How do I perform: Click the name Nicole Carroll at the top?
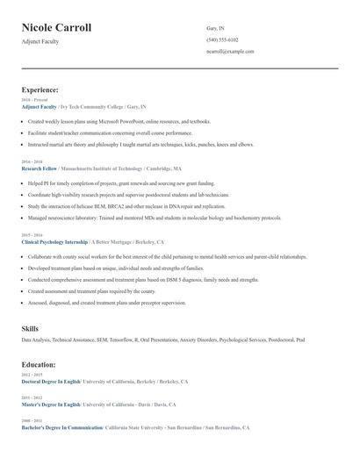[x=56, y=28]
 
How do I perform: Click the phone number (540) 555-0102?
[x=222, y=39]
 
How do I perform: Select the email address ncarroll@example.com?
[x=230, y=51]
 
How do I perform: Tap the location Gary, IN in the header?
[x=216, y=28]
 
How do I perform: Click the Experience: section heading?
[x=40, y=89]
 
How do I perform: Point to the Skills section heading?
[x=30, y=328]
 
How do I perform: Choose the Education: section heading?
[x=39, y=364]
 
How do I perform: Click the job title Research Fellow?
[x=40, y=168]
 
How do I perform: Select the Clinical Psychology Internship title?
[x=55, y=240]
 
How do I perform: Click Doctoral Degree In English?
[x=51, y=382]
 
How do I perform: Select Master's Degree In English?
[x=50, y=404]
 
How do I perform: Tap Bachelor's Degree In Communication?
[x=61, y=427]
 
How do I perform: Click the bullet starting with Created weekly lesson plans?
[x=119, y=121]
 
